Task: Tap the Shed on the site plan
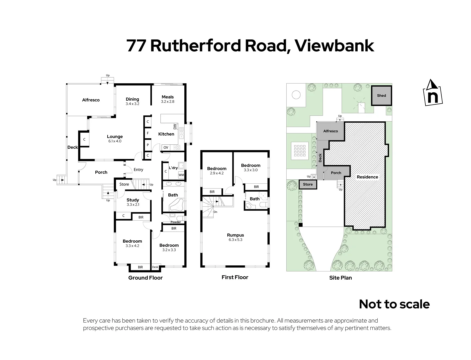381,96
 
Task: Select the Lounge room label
115,136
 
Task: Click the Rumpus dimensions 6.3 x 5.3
235,240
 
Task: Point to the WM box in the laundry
181,175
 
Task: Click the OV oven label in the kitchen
166,147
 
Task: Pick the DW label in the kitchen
175,127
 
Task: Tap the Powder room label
176,222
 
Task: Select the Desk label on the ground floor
155,267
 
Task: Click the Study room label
133,200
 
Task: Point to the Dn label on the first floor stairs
215,212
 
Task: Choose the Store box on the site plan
308,184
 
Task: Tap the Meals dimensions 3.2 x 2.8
168,102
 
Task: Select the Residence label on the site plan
367,177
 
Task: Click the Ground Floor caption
145,278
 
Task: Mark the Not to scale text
394,304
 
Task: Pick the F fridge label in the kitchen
148,133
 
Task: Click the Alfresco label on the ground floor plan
91,100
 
